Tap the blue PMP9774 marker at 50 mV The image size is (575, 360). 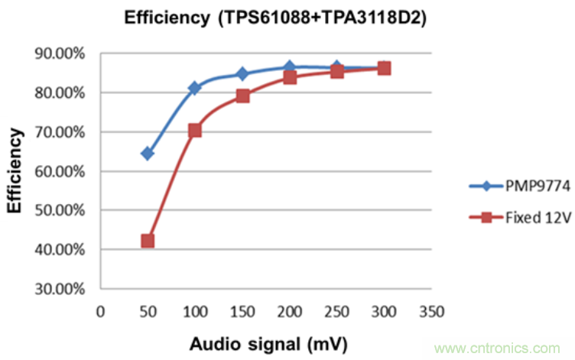pos(148,154)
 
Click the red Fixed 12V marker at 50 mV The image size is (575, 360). pos(148,241)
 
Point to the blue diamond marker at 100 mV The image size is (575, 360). pos(194,89)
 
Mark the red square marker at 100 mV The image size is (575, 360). pos(194,131)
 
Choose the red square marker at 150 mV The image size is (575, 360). pos(242,96)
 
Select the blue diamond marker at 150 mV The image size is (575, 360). pos(242,74)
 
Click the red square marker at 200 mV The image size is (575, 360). pos(290,77)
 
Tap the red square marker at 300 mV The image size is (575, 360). pos(385,68)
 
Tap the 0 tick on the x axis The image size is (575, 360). pos(100,312)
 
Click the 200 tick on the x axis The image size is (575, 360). pos(290,312)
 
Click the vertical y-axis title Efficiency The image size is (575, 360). pos(16,170)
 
